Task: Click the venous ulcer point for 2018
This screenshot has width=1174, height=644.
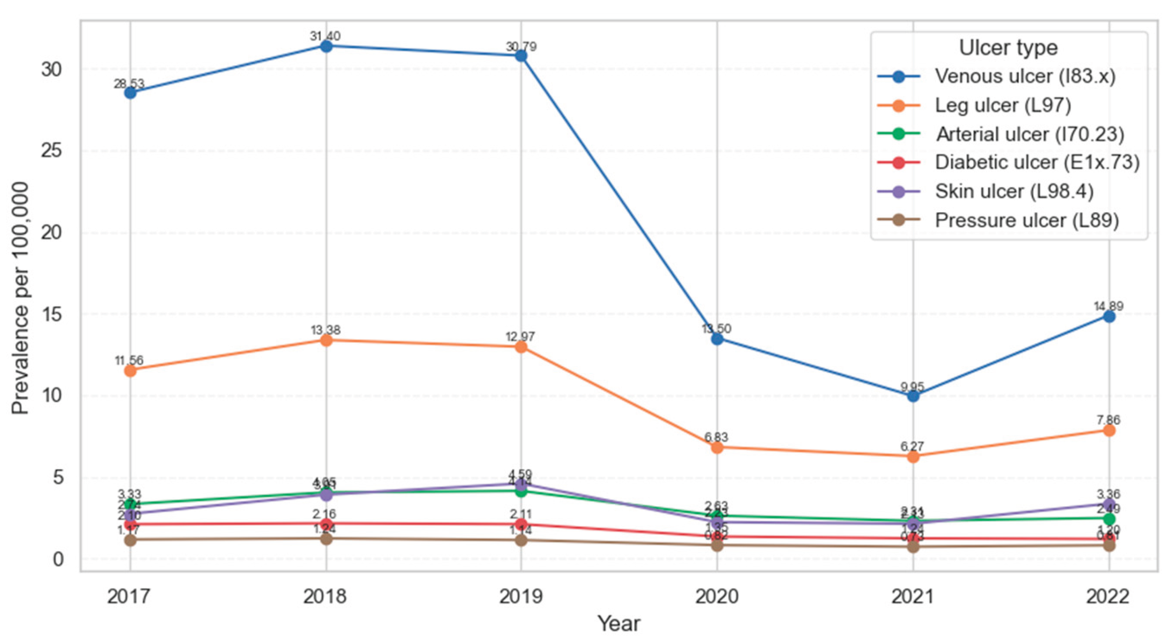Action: pyautogui.click(x=326, y=46)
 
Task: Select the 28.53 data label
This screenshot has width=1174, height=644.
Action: pyautogui.click(x=129, y=84)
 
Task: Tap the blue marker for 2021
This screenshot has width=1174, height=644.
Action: pyautogui.click(x=913, y=395)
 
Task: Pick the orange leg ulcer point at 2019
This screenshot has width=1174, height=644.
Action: pyautogui.click(x=520, y=347)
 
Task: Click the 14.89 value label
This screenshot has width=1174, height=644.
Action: pyautogui.click(x=1108, y=306)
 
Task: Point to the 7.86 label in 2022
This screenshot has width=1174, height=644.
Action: pyautogui.click(x=1108, y=420)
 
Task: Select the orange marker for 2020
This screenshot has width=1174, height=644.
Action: pyautogui.click(x=717, y=447)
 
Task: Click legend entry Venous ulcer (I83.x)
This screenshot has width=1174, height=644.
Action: pyautogui.click(x=1025, y=76)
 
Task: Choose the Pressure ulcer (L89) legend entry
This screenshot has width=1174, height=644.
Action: pyautogui.click(x=1026, y=220)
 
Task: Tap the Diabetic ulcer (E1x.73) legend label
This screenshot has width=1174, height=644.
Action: pyautogui.click(x=1037, y=163)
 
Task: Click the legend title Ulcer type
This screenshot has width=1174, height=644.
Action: pyautogui.click(x=1008, y=48)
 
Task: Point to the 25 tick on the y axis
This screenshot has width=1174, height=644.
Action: pyautogui.click(x=51, y=150)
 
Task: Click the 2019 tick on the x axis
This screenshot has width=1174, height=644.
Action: pyautogui.click(x=520, y=596)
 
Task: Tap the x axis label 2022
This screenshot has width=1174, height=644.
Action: pyautogui.click(x=1107, y=596)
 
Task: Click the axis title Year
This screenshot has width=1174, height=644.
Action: pyautogui.click(x=618, y=624)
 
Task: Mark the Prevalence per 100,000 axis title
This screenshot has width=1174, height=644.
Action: pyautogui.click(x=20, y=299)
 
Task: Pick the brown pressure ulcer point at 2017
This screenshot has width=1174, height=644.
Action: pyautogui.click(x=130, y=540)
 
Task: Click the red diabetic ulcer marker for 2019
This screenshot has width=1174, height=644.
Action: pyautogui.click(x=520, y=524)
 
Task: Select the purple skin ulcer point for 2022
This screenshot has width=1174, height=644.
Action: pyautogui.click(x=1109, y=504)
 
